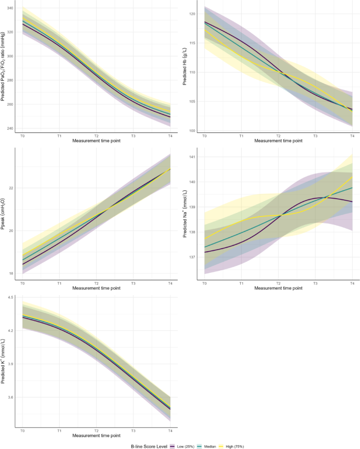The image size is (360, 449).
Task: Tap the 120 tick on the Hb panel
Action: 193,14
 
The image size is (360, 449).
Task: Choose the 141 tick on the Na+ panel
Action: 192,157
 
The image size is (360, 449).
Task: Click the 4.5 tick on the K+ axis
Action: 10,297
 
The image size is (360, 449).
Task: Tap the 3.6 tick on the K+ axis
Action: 10,397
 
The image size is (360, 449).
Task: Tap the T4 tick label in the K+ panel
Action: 170,430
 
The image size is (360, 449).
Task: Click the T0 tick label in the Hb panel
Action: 204,136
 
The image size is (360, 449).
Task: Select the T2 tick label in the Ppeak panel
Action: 96,283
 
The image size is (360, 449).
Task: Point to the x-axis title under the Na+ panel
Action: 278,288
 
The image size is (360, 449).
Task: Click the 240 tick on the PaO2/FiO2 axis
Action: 9,128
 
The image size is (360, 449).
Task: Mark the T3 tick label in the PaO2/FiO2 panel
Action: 133,136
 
